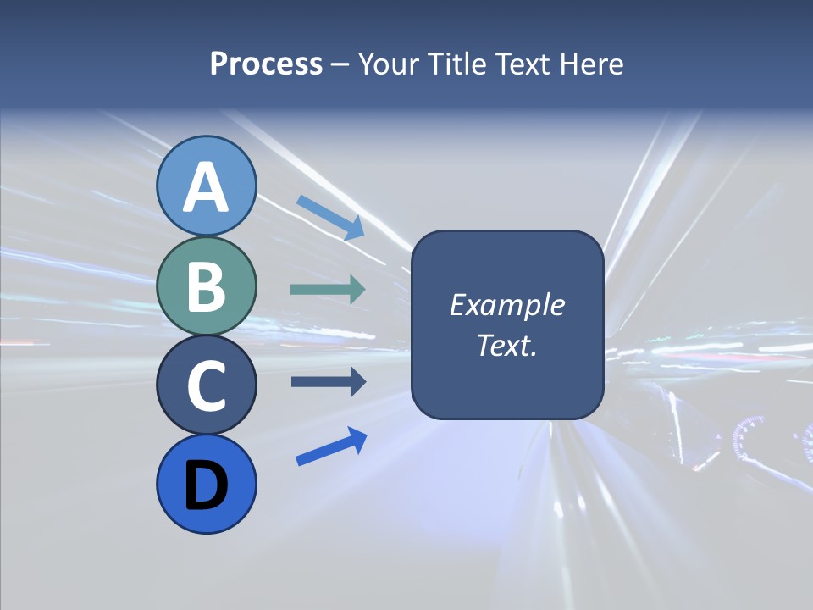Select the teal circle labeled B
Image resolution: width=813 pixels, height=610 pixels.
[x=207, y=286]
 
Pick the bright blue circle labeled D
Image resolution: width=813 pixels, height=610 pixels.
[x=207, y=484]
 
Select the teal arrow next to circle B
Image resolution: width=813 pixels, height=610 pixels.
[x=328, y=289]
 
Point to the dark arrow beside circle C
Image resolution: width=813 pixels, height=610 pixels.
[x=328, y=382]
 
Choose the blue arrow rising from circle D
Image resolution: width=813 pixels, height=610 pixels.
[x=331, y=446]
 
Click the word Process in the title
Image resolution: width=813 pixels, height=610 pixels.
[x=266, y=64]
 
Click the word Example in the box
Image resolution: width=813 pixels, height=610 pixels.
[x=506, y=305]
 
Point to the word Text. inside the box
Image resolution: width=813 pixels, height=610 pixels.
[x=506, y=346]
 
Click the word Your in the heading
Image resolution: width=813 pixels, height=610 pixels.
[x=388, y=64]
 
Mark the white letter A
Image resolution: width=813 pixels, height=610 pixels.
[x=207, y=187]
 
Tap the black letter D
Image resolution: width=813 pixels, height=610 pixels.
[x=207, y=485]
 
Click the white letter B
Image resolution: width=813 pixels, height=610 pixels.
[x=207, y=286]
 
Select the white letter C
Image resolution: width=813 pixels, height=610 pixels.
[x=207, y=385]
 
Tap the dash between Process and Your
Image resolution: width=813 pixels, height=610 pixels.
[x=340, y=65]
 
